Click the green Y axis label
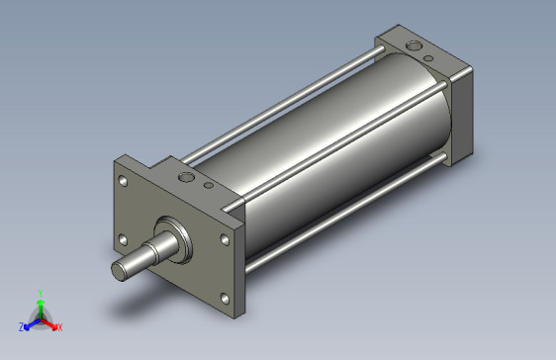pos(40,292)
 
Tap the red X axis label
pos(59,326)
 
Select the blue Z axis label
pos(21,326)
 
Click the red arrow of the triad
pos(50,322)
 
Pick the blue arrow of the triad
pos(30,322)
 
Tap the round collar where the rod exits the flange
pos(179,239)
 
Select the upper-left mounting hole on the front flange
pos(124,181)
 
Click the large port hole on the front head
pos(187,177)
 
